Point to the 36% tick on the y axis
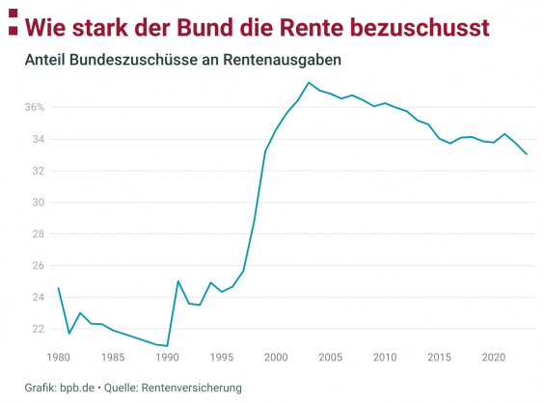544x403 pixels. pyautogui.click(x=34, y=107)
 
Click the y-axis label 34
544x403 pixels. pyautogui.click(x=38, y=139)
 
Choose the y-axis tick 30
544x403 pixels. pyautogui.click(x=38, y=202)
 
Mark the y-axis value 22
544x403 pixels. pyautogui.click(x=38, y=329)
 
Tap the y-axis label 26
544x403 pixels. pyautogui.click(x=38, y=266)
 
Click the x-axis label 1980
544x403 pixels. pyautogui.click(x=58, y=358)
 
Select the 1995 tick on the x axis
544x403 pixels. pyautogui.click(x=222, y=358)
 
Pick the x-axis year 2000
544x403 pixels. pyautogui.click(x=277, y=358)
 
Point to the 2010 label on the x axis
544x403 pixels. pyautogui.click(x=386, y=358)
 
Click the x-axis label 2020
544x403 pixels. pyautogui.click(x=494, y=358)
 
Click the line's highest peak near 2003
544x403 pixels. pyautogui.click(x=309, y=83)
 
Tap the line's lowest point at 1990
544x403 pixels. pyautogui.click(x=168, y=345)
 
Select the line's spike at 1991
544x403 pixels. pyautogui.click(x=178, y=282)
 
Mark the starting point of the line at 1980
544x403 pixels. pyautogui.click(x=58, y=287)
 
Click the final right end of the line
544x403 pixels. pyautogui.click(x=527, y=154)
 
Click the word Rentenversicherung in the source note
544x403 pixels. pyautogui.click(x=189, y=388)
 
